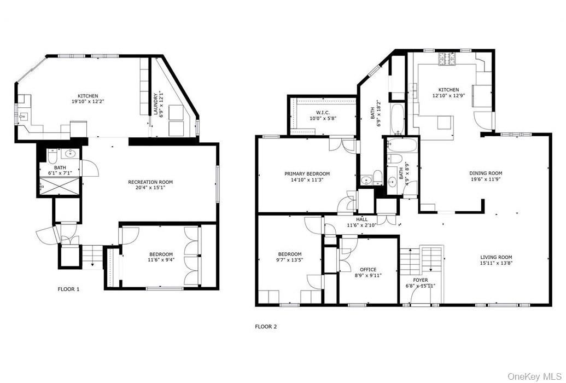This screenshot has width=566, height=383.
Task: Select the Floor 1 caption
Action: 68,289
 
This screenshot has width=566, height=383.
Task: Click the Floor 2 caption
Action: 266,327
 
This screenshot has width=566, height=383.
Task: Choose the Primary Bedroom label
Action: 307,174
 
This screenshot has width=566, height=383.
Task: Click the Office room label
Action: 367,270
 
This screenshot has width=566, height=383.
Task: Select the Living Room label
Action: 496,257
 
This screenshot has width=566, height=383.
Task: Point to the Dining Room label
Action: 485,173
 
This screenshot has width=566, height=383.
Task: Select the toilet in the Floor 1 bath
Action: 50,159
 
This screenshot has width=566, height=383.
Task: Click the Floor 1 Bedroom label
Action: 161,254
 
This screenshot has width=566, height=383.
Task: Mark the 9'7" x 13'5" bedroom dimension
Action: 289,260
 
